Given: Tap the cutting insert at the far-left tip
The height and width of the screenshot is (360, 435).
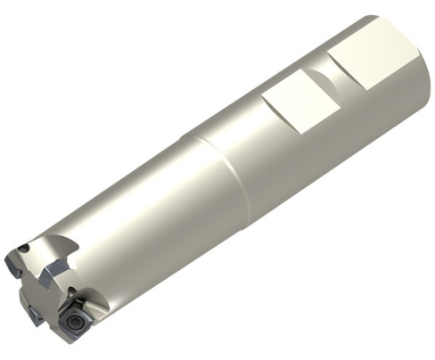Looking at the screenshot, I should pos(12,264).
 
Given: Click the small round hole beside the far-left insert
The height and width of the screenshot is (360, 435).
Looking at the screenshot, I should pos(24,249).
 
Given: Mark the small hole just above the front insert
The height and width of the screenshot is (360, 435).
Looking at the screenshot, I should pos(71,290).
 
